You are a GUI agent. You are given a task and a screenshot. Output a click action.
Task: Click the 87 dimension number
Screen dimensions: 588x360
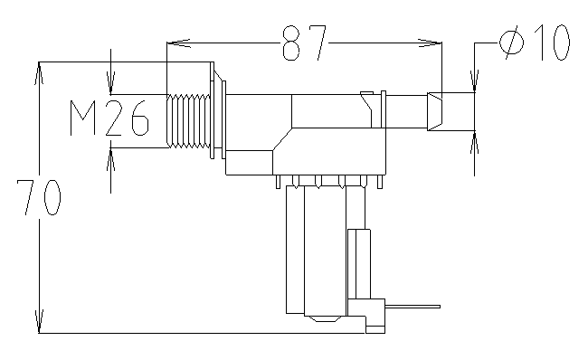(305, 43)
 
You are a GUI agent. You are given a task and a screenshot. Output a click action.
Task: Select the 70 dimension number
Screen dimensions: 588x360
(39, 197)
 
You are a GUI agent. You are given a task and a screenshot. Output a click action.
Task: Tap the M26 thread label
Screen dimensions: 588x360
(109, 118)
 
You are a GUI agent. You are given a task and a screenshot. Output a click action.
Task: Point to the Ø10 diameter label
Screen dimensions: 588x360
(535, 42)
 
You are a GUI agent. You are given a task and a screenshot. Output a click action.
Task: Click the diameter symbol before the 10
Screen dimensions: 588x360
(512, 42)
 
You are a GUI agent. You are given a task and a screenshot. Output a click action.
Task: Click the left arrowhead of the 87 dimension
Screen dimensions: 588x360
(179, 43)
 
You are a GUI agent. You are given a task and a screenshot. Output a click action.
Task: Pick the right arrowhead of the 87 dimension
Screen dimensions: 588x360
(431, 43)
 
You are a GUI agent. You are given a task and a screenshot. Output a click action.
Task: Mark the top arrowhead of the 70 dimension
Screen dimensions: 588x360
(39, 73)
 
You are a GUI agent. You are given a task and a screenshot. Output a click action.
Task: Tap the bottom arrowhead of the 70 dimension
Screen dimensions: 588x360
(39, 321)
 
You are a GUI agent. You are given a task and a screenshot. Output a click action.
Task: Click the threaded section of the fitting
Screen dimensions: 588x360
(188, 120)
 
